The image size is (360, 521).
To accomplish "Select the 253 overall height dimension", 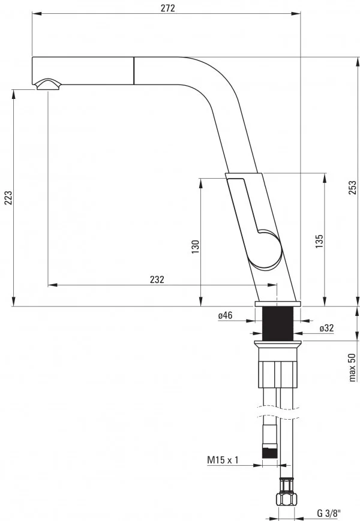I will coord(353,187).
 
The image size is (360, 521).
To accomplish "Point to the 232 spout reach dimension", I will coord(157,279).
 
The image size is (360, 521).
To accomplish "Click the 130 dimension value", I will coord(195,247).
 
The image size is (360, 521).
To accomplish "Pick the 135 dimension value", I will coord(319,240).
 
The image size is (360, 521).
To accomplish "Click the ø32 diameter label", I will coord(327,329).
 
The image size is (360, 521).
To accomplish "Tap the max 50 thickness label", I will coord(353,366).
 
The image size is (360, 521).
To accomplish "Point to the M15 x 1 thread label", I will coord(223,460).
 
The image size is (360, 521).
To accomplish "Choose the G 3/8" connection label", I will coord(328,513).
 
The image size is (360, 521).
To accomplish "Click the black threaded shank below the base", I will coord(277,324).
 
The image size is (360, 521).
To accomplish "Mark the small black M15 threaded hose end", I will coord(270,454).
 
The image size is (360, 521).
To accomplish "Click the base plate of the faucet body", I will coord(277,304).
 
